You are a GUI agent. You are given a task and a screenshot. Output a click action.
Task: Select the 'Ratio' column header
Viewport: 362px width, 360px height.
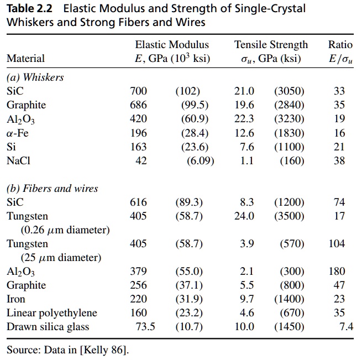pyautogui.click(x=339, y=45)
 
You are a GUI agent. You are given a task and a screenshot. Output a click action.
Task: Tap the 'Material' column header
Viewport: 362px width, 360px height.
pyautogui.click(x=25, y=58)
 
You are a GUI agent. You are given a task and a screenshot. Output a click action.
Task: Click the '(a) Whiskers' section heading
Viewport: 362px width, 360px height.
pyautogui.click(x=35, y=77)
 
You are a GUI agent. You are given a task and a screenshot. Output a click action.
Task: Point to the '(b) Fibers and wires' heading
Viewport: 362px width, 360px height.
pyautogui.click(x=52, y=189)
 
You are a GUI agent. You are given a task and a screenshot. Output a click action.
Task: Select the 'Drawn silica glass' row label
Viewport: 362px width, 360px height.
pyautogui.click(x=48, y=327)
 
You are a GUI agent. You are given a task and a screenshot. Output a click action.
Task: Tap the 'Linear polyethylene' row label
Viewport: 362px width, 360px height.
pyautogui.click(x=51, y=313)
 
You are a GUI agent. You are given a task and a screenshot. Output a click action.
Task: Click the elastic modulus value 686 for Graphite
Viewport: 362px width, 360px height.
pyautogui.click(x=138, y=105)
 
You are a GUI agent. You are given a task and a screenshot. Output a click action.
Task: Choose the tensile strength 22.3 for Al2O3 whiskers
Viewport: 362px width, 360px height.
pyautogui.click(x=244, y=119)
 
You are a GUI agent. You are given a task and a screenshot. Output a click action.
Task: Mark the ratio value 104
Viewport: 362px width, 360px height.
pyautogui.click(x=336, y=244)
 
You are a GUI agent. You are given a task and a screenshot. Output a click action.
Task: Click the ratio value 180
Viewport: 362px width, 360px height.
pyautogui.click(x=336, y=272)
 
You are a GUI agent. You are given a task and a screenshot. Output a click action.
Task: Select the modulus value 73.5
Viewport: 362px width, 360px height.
pyautogui.click(x=145, y=327)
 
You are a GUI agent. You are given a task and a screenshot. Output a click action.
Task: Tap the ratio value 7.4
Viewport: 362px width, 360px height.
pyautogui.click(x=346, y=327)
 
